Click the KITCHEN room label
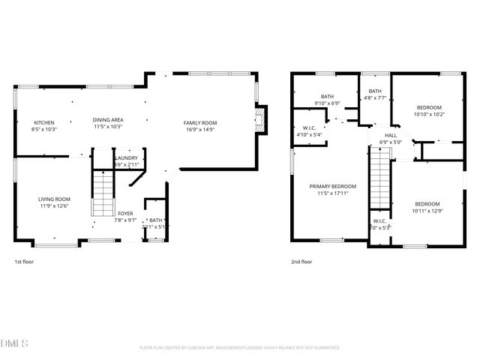pos(43,122)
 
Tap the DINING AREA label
pos(108,120)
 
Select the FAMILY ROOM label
pos(200,122)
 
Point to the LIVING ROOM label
pos(54,199)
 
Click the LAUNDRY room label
pos(126,158)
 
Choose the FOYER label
pos(124,214)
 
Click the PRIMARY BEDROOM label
pos(333,186)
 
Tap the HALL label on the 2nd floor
pos(391,135)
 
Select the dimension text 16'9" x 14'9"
pos(200,130)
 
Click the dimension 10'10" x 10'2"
pos(430,115)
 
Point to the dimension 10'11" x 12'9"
pos(427,211)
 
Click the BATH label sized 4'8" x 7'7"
pos(375,91)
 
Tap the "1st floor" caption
pos(24,262)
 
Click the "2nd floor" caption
pos(301,262)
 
